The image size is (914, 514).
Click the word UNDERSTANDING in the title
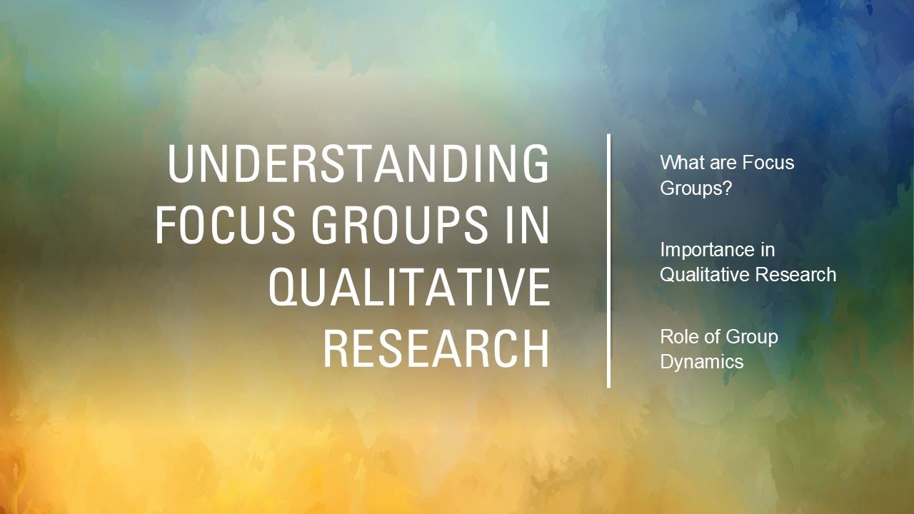coord(359,163)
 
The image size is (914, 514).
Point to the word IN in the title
coord(526,225)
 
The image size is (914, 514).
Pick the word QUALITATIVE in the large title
coord(409,287)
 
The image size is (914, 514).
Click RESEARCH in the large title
coord(436,348)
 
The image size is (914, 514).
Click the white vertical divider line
coord(609,261)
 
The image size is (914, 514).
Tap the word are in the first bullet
coord(720,163)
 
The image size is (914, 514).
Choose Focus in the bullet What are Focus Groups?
coord(768,163)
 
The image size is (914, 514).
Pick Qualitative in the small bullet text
coord(703,275)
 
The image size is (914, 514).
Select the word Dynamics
coord(702,362)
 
